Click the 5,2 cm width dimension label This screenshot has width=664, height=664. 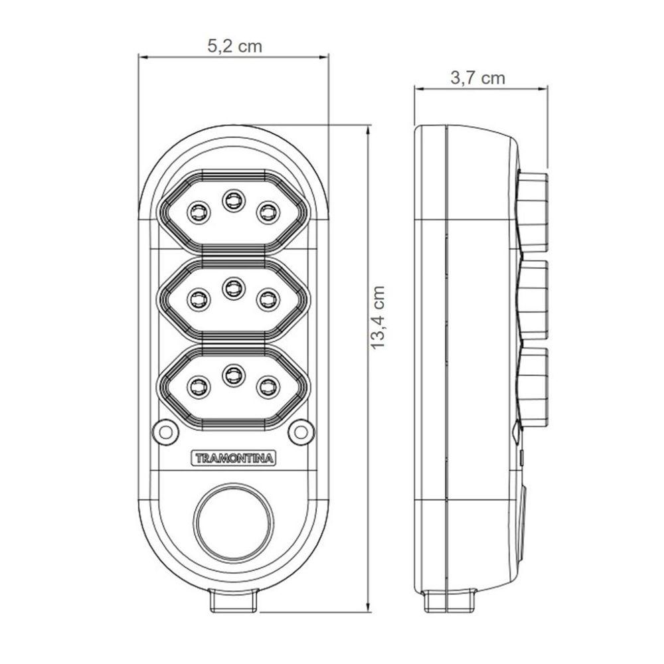pyautogui.click(x=234, y=46)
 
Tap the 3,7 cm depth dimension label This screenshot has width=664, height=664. pyautogui.click(x=478, y=78)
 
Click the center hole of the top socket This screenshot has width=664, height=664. pyautogui.click(x=232, y=199)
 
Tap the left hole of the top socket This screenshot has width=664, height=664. pyautogui.click(x=197, y=211)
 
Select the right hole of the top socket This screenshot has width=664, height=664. pyautogui.click(x=267, y=211)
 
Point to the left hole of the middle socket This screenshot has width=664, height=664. pyautogui.click(x=197, y=299)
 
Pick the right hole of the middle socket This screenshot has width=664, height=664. pyautogui.click(x=267, y=299)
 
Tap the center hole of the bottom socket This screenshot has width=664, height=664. pyautogui.click(x=232, y=374)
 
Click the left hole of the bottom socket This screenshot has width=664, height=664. pyautogui.click(x=197, y=386)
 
